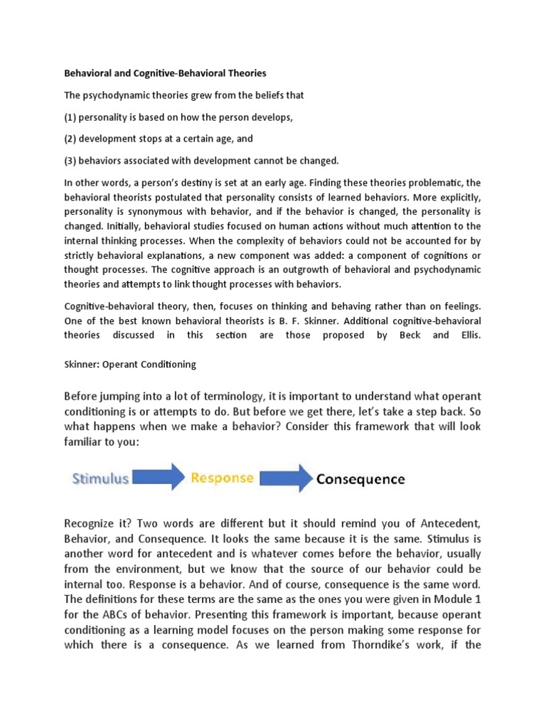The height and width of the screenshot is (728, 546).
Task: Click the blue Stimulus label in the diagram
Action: pos(100,478)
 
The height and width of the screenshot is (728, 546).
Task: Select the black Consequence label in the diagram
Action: pos(360,479)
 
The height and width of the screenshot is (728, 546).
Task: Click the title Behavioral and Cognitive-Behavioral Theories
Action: pos(166,73)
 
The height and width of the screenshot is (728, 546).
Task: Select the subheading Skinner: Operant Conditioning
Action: pos(130,365)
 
